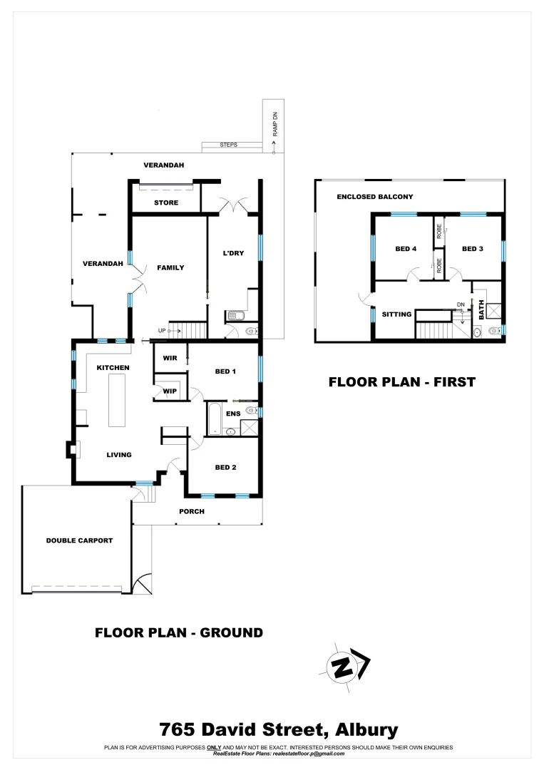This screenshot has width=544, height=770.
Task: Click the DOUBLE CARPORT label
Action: (79, 540)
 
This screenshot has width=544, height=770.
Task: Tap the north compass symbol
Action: (345, 667)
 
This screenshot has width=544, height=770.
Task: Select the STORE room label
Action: (166, 202)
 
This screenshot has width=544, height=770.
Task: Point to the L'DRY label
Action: (234, 253)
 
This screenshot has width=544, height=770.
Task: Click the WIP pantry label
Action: (170, 391)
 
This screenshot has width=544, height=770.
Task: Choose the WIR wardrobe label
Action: (170, 358)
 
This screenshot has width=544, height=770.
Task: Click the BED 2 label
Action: (225, 467)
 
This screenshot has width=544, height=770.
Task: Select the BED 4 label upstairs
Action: (406, 249)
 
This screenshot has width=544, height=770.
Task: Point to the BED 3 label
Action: (473, 249)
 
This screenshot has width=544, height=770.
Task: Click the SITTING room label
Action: (396, 314)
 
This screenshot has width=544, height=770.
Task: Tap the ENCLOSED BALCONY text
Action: (375, 197)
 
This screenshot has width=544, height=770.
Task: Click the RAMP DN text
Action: (274, 126)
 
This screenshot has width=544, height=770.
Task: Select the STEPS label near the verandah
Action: (229, 145)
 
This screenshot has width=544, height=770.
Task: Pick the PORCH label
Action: (193, 511)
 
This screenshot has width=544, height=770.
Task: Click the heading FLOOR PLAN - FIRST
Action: (401, 382)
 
